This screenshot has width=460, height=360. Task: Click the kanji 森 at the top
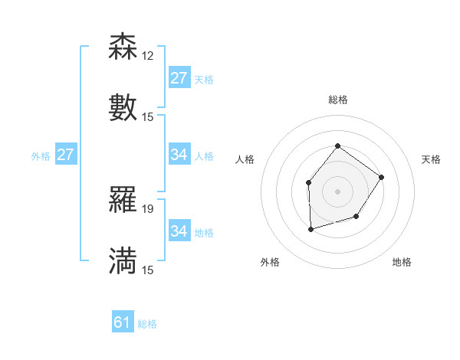coord(123,47)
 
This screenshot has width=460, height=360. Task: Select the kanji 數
coord(123,107)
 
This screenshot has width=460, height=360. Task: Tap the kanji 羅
coord(123,201)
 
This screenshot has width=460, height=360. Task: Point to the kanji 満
coord(123,260)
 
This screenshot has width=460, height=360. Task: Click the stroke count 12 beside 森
coord(148,57)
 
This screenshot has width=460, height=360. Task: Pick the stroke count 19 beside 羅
coord(148,209)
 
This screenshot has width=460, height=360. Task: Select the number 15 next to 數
coord(148,116)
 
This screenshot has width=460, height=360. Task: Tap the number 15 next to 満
coord(148,270)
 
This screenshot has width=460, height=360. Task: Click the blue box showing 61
coord(123,322)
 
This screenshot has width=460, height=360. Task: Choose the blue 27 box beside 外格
coord(66,155)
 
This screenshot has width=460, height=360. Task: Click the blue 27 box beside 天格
coord(179,77)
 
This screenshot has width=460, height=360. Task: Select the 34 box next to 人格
coord(179,155)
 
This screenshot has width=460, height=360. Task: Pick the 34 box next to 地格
coord(179,231)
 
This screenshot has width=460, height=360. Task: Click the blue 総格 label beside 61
coord(147,324)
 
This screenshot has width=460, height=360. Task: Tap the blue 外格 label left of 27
coord(41,156)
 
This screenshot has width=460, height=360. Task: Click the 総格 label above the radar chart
coord(337,100)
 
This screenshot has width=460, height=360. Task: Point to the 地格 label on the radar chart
coord(402,262)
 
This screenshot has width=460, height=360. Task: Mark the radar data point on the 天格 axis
coord(382,178)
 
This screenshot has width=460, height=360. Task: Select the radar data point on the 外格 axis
coord(310,229)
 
